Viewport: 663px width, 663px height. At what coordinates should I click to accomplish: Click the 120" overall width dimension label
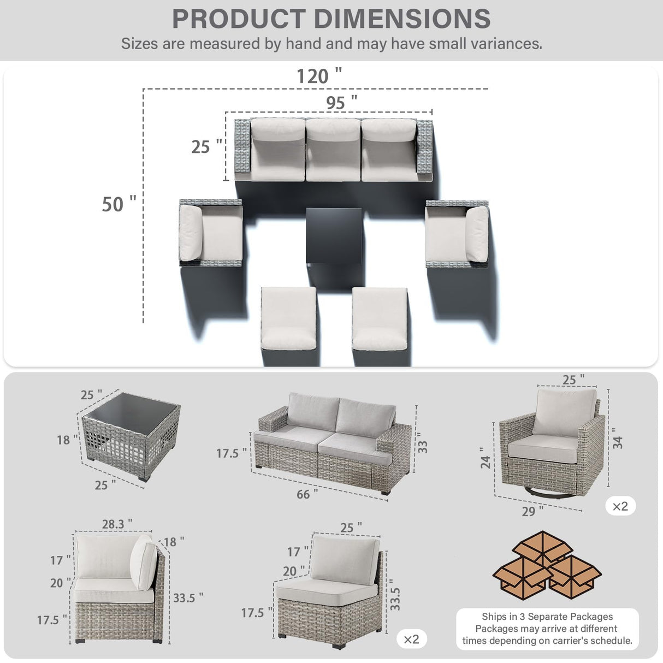tap(319, 76)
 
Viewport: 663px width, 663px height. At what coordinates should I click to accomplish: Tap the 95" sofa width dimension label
tap(341, 102)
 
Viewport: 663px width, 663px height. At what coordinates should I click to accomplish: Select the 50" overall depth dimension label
tap(119, 204)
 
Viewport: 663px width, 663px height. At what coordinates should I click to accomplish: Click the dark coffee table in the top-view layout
tap(333, 235)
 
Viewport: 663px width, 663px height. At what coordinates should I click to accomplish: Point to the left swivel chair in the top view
tap(211, 233)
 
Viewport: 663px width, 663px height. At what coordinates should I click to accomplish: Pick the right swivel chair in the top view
tap(457, 233)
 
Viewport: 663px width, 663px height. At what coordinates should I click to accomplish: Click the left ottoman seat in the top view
tap(288, 318)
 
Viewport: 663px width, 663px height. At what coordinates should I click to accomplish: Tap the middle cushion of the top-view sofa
tap(333, 149)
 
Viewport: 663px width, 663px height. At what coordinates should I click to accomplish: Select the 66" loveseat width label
tap(307, 494)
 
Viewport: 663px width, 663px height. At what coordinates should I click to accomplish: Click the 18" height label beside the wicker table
tap(67, 440)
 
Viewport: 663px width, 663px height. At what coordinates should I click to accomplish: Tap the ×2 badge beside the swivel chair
tap(620, 506)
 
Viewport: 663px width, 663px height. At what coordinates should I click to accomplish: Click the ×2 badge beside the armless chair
tap(411, 639)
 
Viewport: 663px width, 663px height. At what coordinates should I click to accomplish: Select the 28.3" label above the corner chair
tap(116, 524)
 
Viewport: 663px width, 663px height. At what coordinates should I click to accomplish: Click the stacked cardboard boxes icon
tap(547, 565)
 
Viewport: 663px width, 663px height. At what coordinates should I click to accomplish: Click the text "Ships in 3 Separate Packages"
tap(547, 617)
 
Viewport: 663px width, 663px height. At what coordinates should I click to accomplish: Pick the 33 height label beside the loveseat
tap(423, 446)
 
